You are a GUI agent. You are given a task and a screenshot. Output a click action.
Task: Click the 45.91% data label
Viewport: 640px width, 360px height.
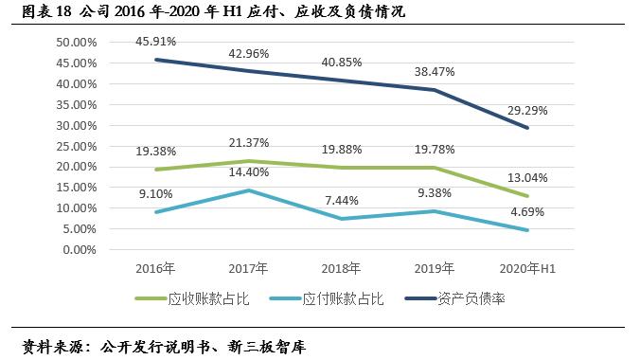click(154, 42)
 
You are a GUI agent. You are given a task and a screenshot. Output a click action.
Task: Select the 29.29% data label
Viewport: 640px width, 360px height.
click(527, 110)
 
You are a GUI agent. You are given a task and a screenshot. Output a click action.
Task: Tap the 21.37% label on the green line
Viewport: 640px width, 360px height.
click(249, 143)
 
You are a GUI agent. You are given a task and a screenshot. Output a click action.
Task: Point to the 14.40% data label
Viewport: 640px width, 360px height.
click(249, 172)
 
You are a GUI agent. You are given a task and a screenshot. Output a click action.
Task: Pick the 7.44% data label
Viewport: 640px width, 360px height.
click(343, 201)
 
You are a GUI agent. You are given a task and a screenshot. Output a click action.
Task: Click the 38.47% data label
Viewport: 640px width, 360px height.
click(436, 70)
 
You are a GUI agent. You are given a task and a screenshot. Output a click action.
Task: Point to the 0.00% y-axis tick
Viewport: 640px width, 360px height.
click(80, 250)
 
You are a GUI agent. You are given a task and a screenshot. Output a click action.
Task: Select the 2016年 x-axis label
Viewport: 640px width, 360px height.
click(154, 269)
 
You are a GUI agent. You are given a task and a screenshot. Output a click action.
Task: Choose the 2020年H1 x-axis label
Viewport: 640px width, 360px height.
click(528, 269)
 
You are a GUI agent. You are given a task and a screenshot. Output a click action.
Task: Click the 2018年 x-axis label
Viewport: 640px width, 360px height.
click(342, 269)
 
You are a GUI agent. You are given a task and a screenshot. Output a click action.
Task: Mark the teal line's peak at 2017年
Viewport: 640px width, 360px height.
click(249, 190)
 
